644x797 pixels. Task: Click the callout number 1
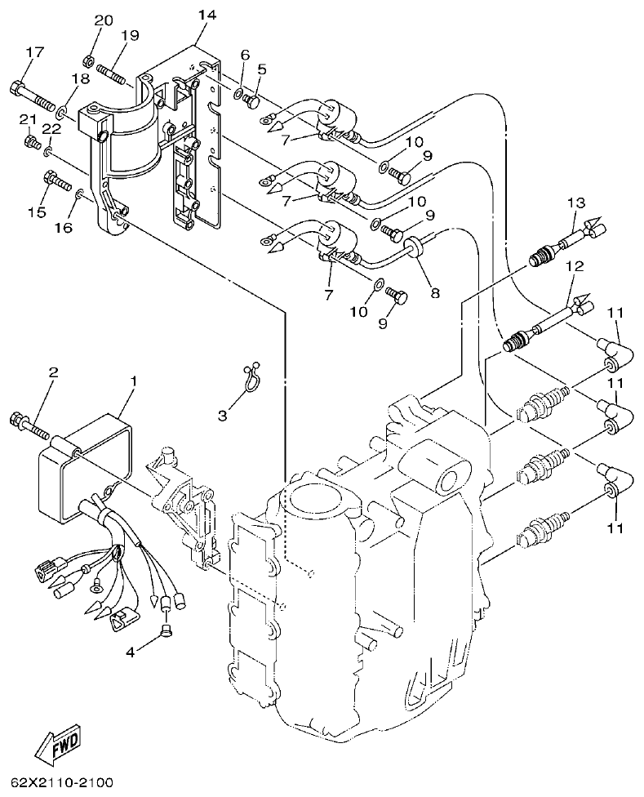tap(135, 381)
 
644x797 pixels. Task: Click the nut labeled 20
tap(89, 60)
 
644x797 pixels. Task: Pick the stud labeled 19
tap(114, 70)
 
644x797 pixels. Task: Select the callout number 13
tap(577, 203)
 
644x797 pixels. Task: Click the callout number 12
tap(575, 266)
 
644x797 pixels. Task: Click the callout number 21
tap(29, 119)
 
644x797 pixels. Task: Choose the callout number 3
tap(222, 416)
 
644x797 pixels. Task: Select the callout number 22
tap(51, 128)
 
